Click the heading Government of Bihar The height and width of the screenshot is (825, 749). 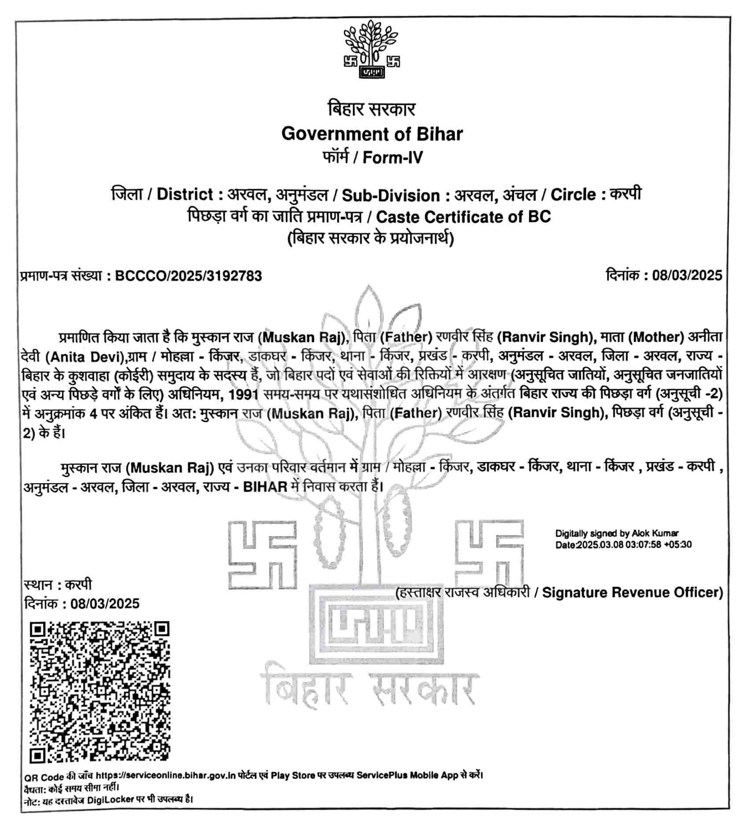point(372,134)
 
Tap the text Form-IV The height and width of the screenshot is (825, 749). point(392,157)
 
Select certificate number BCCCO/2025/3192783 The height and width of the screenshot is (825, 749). point(189,276)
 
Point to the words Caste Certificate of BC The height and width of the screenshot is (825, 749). point(463,217)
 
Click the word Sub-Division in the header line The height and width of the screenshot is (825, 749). point(391,195)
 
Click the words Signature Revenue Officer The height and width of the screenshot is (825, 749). point(632,593)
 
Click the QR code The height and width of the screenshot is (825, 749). point(100,692)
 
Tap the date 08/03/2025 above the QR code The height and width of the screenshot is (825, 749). point(105,603)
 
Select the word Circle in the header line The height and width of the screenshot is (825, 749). point(573,194)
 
